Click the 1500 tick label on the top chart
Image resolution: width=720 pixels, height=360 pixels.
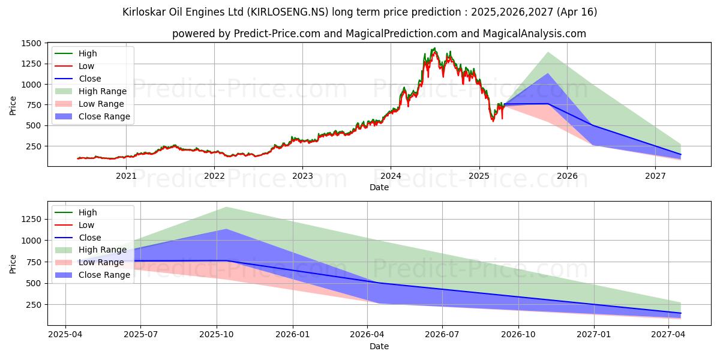pyautogui.click(x=31, y=43)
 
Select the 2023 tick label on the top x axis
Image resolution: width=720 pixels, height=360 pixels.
pyautogui.click(x=302, y=176)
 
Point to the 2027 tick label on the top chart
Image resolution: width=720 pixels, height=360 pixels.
pyautogui.click(x=655, y=176)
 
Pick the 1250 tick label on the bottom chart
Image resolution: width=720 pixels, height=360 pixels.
pyautogui.click(x=31, y=219)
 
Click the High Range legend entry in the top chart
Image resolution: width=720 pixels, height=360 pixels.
pyautogui.click(x=102, y=91)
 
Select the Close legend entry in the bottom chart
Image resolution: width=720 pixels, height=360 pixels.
pyautogui.click(x=90, y=238)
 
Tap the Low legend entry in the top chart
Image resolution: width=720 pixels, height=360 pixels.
pyautogui.click(x=86, y=66)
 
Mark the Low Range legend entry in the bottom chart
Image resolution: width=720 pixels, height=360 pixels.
pyautogui.click(x=101, y=262)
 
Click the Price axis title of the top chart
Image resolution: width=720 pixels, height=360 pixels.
pyautogui.click(x=13, y=105)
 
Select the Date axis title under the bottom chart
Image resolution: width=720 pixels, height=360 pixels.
pyautogui.click(x=379, y=346)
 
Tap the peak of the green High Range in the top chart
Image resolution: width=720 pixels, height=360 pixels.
pyautogui.click(x=548, y=52)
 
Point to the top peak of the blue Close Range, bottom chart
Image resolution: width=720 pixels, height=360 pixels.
pyautogui.click(x=226, y=229)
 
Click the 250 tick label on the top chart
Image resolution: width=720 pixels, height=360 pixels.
pyautogui.click(x=34, y=146)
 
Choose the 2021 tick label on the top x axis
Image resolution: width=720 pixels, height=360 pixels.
pyautogui.click(x=126, y=176)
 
